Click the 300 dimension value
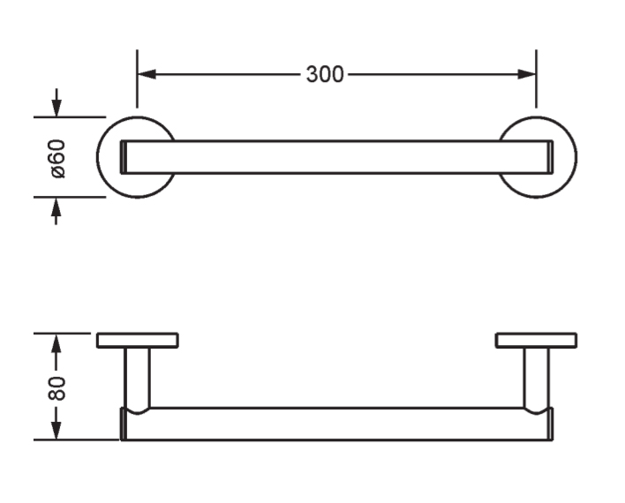tap(325, 74)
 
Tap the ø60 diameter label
tap(57, 158)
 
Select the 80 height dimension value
tap(56, 387)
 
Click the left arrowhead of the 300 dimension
tap(147, 74)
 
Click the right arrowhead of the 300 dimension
tap(526, 74)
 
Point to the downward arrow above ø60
tap(56, 103)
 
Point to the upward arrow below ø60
tap(56, 210)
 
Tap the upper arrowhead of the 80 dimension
tap(56, 343)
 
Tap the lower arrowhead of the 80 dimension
tap(56, 430)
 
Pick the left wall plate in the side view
tap(138, 341)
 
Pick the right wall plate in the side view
tap(536, 341)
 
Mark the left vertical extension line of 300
tap(137, 79)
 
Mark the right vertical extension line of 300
tap(536, 79)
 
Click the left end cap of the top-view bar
tap(124, 157)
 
